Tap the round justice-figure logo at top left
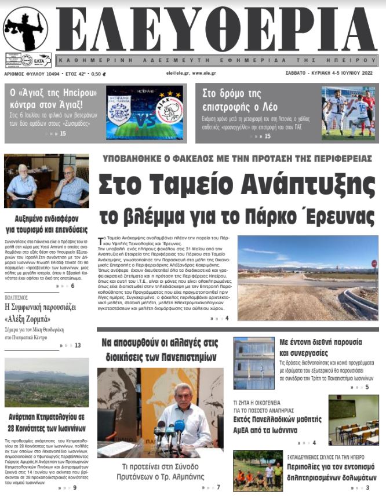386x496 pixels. point(25,28)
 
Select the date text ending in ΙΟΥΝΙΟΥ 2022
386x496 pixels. point(330,74)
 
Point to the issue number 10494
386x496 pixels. point(48,74)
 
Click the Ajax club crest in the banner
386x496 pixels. point(169,110)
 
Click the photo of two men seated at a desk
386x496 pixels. point(46,181)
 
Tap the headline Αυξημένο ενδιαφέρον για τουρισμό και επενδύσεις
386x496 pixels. point(46,224)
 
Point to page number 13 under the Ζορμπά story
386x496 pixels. point(78,345)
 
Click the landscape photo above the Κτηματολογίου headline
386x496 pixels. point(46,382)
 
